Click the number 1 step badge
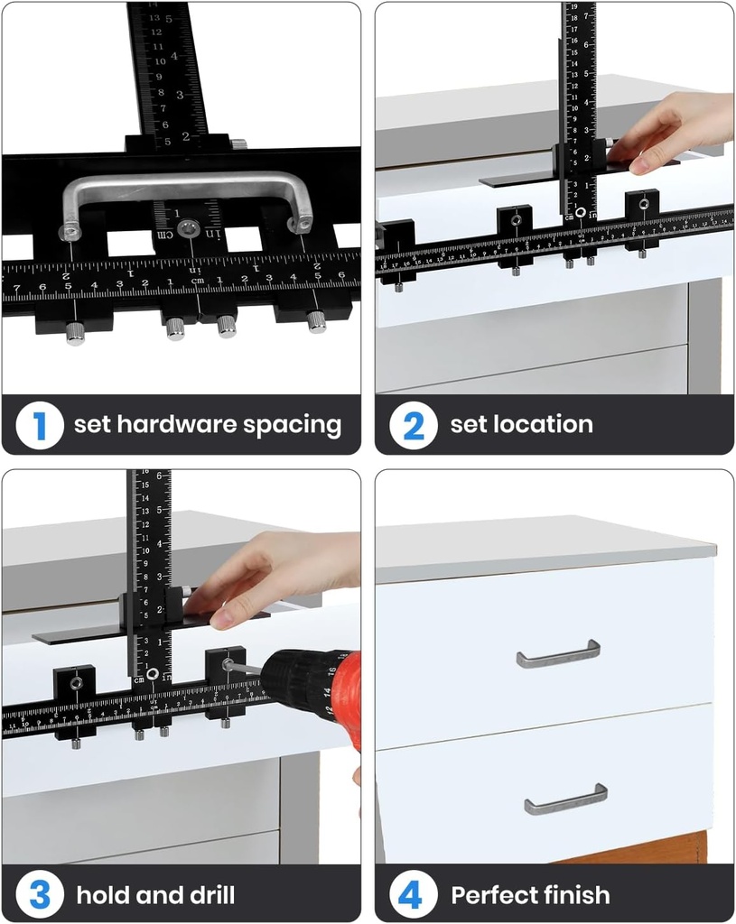tap(40, 425)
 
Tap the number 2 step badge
tap(414, 425)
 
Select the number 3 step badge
tap(40, 895)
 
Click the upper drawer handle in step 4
tap(558, 654)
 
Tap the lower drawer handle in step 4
tap(565, 799)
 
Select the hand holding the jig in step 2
tap(677, 131)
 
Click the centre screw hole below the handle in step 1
tap(188, 227)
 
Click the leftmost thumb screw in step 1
tap(75, 335)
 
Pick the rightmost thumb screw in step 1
tap(316, 321)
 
